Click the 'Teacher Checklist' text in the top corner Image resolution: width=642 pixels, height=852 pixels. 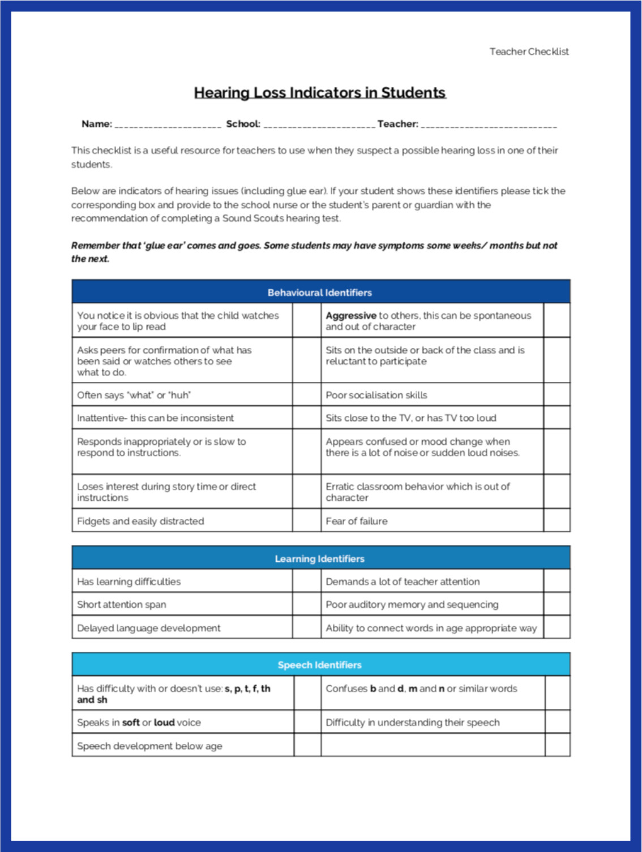pos(529,51)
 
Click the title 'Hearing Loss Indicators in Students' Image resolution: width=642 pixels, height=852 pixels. pos(320,93)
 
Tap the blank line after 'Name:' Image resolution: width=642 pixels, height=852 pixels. pos(168,124)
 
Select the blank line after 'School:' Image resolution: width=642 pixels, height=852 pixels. pos(319,124)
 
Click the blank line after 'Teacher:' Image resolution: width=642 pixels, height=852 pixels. pos(489,124)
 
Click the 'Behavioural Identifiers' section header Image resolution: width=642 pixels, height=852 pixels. pos(320,292)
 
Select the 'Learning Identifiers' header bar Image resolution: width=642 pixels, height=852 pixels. pos(320,559)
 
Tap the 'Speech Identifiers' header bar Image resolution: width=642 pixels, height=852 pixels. pos(320,665)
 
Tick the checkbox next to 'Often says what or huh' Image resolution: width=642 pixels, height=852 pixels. pos(306,395)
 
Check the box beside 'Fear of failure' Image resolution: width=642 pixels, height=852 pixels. pos(557,521)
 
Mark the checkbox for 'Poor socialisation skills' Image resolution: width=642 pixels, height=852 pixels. pos(557,395)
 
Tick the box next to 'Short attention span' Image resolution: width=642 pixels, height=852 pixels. pos(306,604)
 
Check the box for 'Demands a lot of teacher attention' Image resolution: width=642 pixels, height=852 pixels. pos(557,582)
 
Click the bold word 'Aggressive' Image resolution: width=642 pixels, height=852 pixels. pos(350,316)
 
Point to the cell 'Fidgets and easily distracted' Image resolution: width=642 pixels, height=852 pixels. pos(140,521)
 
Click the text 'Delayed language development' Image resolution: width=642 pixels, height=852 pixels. pos(149,628)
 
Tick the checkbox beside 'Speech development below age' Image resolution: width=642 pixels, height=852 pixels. pos(307,746)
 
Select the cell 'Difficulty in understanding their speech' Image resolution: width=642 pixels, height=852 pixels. pos(413,722)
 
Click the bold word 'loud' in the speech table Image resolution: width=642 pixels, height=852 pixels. pos(164,722)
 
